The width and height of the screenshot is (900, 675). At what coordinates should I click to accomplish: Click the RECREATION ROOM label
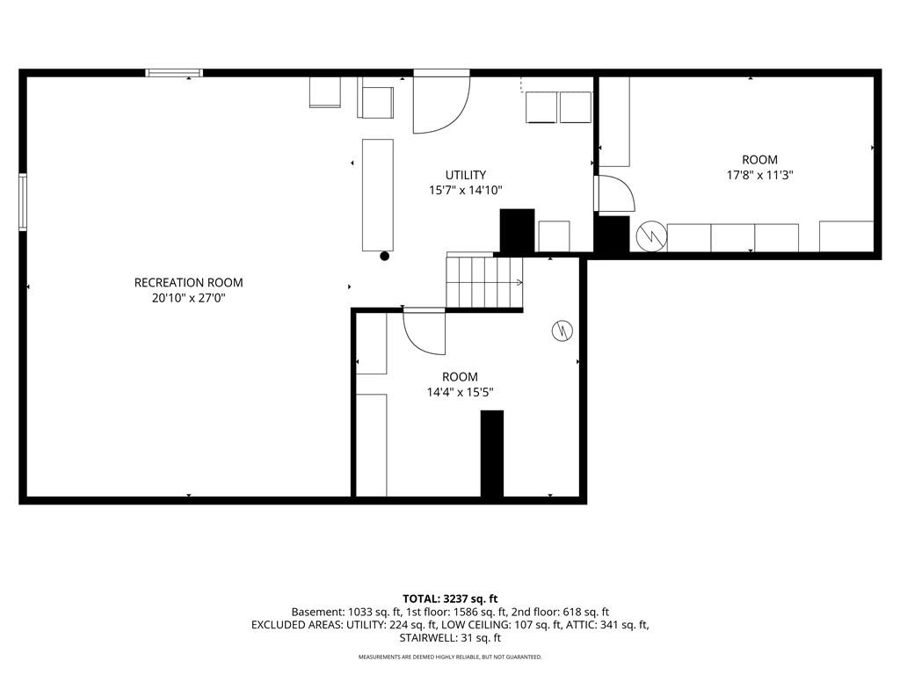point(188,282)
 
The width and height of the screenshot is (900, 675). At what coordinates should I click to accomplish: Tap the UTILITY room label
point(466,175)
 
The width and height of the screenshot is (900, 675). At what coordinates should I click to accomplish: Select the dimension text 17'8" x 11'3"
point(759,175)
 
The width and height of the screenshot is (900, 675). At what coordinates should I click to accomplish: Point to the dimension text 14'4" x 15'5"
point(460,393)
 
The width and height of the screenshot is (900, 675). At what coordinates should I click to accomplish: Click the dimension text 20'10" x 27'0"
point(188,298)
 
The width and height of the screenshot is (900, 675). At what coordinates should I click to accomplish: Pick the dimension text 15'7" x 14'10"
point(466,190)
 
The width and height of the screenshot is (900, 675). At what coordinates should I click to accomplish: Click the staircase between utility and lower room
point(485,282)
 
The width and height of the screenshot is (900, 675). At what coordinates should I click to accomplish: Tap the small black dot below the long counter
point(385,257)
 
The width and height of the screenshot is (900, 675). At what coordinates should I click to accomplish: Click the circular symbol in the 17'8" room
point(651,236)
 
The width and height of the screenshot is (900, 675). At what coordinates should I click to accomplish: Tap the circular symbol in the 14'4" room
point(562,330)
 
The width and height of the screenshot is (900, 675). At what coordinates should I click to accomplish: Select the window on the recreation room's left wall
point(23,202)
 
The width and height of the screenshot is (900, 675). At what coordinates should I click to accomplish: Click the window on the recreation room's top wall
point(174,73)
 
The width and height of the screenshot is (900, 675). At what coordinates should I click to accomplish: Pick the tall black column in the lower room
point(492,454)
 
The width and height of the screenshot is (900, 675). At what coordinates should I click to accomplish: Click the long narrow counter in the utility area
point(378,195)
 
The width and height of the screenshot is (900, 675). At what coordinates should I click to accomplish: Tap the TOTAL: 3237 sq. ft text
point(450,599)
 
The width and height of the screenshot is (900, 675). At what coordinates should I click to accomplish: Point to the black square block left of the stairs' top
point(518,231)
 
